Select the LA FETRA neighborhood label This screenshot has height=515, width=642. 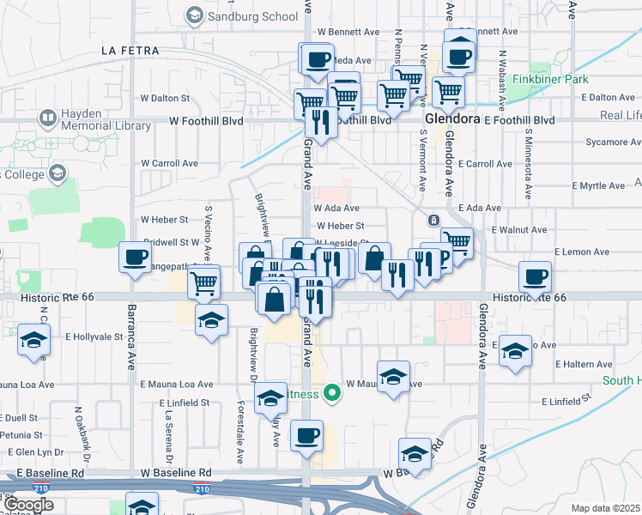[x=130, y=51]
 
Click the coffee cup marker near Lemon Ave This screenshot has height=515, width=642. [x=535, y=276]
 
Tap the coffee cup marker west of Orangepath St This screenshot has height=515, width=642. [x=136, y=257]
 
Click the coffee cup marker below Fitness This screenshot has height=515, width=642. [x=306, y=435]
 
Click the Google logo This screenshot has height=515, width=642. [x=28, y=505]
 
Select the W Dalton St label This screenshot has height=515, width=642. [x=165, y=99]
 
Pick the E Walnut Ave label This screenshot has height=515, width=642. [x=518, y=230]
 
